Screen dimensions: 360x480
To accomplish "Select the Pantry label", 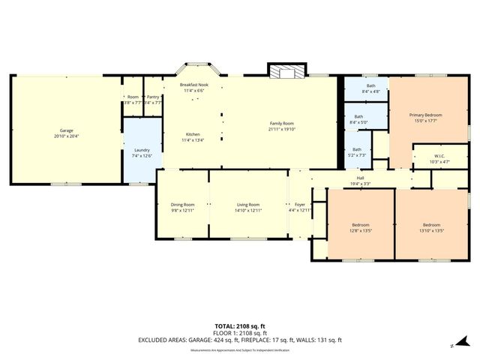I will (152, 97).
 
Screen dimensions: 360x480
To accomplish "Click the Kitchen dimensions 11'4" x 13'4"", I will (193, 140).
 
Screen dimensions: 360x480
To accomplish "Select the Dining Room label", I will (182, 204).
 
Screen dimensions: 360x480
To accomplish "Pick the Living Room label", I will (247, 204).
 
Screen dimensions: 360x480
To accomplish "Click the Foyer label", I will (300, 204).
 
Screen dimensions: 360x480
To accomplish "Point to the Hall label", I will (361, 178).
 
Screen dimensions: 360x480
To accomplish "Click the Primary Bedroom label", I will (425, 115).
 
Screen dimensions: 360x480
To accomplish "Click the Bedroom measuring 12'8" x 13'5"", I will (361, 225).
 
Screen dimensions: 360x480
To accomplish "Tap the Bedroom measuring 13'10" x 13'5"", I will (431, 225).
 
